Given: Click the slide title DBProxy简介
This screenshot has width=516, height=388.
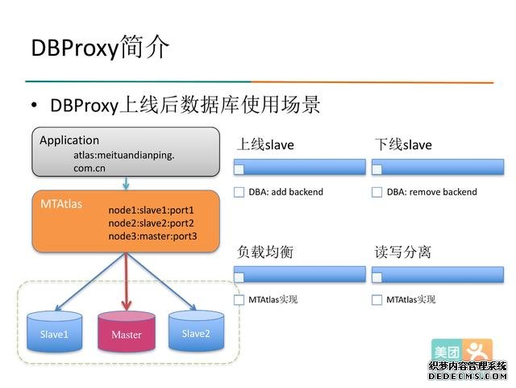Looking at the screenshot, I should click(x=100, y=48).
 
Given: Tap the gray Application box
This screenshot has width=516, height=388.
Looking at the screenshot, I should click(x=125, y=152).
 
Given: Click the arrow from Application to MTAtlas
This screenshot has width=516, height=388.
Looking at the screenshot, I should click(x=126, y=182).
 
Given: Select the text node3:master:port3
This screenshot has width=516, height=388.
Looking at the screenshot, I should click(x=152, y=236).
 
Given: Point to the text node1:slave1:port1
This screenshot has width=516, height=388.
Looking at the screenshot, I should click(x=151, y=210).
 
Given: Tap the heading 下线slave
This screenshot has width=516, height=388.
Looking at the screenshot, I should click(x=403, y=145).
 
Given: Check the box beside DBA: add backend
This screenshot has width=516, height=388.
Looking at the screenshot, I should click(x=239, y=192).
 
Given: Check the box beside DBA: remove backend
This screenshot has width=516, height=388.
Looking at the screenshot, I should click(x=377, y=192).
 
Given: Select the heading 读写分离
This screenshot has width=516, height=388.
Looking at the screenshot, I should click(x=402, y=252).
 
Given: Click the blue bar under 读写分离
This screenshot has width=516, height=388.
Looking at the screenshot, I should click(x=438, y=275).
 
